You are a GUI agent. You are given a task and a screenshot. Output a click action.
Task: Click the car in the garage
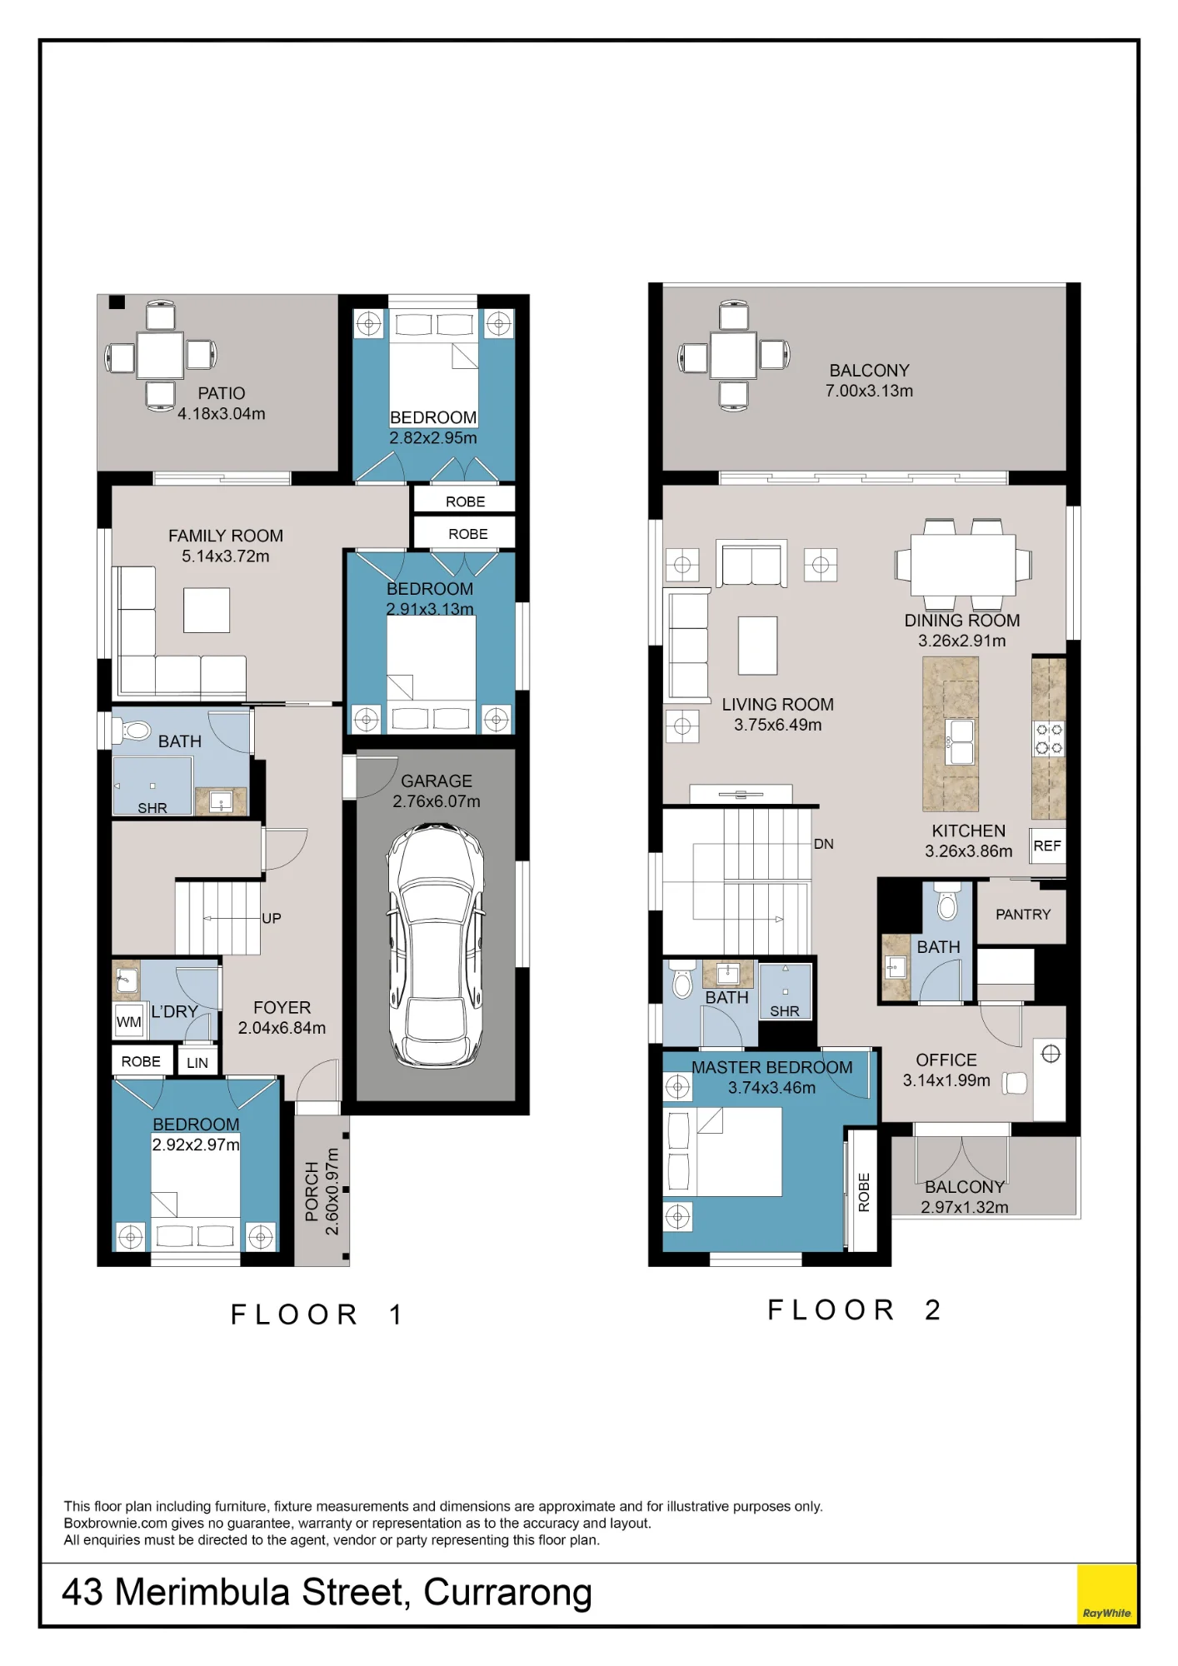click(436, 945)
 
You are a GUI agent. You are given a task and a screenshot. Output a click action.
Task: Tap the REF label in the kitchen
click(1047, 845)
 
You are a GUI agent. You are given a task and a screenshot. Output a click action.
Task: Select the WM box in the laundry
click(129, 1021)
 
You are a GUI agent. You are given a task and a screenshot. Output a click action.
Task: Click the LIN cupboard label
click(197, 1062)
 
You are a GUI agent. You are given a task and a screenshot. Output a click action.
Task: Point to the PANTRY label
click(1023, 914)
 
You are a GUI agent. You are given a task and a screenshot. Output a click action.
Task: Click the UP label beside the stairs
click(272, 918)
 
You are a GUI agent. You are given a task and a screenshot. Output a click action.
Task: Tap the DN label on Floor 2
click(823, 844)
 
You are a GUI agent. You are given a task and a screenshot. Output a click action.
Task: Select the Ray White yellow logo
click(1106, 1594)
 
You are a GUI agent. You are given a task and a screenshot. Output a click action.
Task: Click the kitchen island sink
click(961, 741)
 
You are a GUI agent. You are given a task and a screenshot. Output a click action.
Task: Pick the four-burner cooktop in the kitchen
click(1049, 739)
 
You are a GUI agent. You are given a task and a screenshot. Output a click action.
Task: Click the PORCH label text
click(312, 1191)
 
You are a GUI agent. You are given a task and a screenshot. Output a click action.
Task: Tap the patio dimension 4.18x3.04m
click(222, 413)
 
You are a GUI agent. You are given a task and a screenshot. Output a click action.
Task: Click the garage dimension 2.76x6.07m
click(437, 801)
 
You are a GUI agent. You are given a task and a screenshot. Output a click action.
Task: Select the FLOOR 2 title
click(854, 1309)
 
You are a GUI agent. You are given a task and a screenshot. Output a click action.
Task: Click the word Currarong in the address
click(507, 1592)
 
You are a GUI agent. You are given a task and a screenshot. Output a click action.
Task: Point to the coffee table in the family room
click(207, 610)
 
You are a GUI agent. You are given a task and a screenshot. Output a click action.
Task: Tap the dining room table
click(963, 565)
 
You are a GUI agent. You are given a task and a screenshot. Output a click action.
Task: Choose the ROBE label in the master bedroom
click(864, 1192)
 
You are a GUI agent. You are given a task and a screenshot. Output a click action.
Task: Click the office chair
click(1015, 1082)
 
